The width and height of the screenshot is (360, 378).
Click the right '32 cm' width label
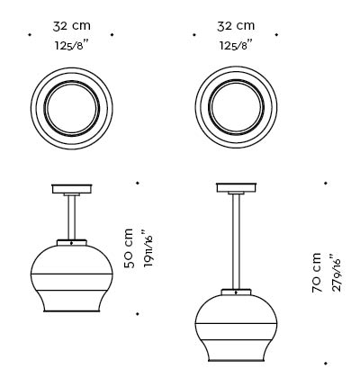coord(236,26)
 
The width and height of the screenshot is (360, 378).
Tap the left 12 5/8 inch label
coord(70,46)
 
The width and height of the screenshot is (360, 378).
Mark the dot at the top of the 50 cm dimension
coord(138,183)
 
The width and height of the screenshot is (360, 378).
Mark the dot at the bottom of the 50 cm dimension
coord(138,314)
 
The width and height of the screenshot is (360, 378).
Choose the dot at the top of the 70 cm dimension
coord(325,183)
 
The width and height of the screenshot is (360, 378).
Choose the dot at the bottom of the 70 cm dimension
coord(325,364)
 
